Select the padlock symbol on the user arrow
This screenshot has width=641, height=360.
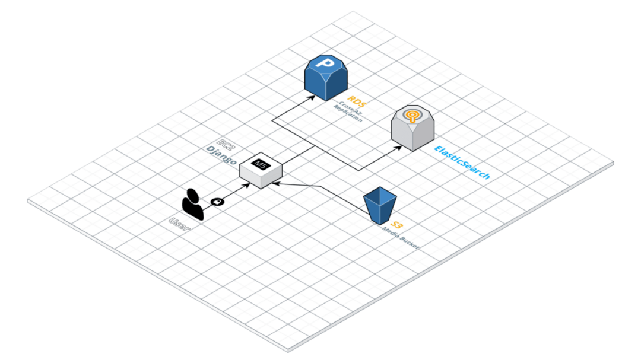click(x=218, y=202)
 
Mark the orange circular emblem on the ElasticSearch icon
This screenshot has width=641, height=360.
click(x=412, y=114)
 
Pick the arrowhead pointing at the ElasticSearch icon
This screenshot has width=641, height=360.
click(x=398, y=146)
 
